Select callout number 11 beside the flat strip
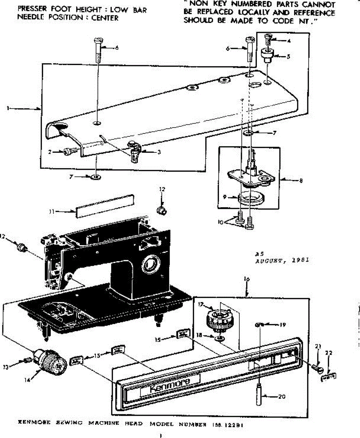coord(53,211)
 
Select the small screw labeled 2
coord(70,150)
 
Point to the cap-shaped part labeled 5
coord(267,55)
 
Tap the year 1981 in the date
coord(301,260)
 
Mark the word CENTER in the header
coord(105,18)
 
